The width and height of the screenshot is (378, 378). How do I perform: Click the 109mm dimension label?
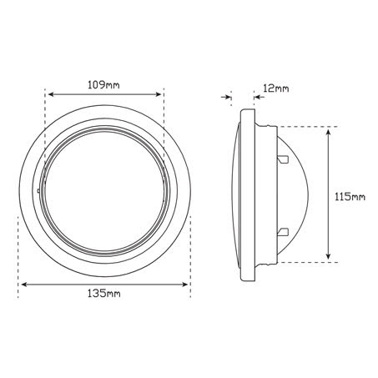(105, 84)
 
